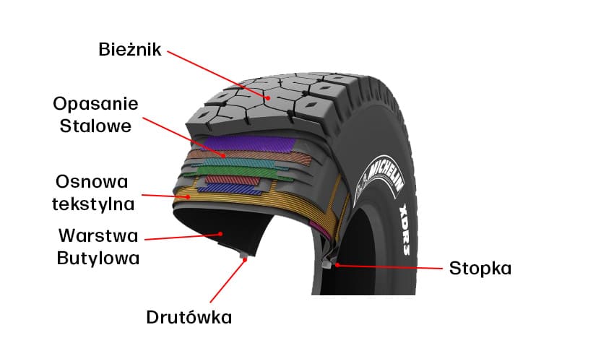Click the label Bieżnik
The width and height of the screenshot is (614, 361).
tap(129, 50)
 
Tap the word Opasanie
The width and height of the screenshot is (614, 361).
tap(95, 103)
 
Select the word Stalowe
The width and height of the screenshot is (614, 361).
tap(95, 126)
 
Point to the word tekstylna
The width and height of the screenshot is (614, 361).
tap(93, 204)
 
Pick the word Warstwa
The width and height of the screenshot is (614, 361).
tap(98, 235)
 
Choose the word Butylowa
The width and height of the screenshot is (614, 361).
tap(98, 258)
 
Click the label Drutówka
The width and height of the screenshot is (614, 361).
tap(189, 317)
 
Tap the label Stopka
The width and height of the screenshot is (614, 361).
tap(480, 269)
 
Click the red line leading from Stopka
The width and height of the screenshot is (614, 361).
tap(390, 267)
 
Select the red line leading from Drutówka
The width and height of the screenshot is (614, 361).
tap(228, 282)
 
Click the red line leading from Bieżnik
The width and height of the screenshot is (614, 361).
tap(217, 72)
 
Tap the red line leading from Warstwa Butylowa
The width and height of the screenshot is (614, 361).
tap(181, 236)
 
